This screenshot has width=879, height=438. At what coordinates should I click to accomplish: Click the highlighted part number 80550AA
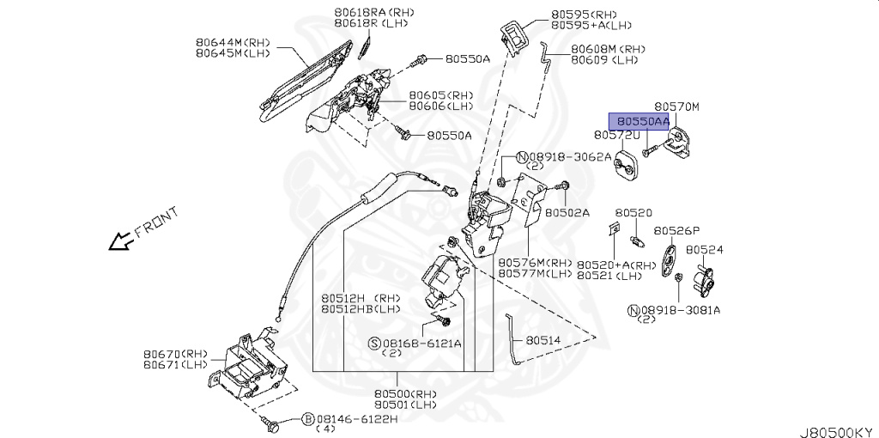[639, 122]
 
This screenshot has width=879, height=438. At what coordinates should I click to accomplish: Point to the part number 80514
[543, 340]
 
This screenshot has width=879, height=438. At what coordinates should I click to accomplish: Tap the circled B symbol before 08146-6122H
[307, 418]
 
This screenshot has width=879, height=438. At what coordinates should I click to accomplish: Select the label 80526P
[676, 230]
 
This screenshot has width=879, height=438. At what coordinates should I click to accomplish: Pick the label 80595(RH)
[584, 15]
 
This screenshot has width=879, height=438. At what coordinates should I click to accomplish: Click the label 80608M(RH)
[608, 50]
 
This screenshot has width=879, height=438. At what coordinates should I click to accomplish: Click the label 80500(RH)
[405, 394]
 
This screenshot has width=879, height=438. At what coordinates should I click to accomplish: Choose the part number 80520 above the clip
[633, 212]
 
